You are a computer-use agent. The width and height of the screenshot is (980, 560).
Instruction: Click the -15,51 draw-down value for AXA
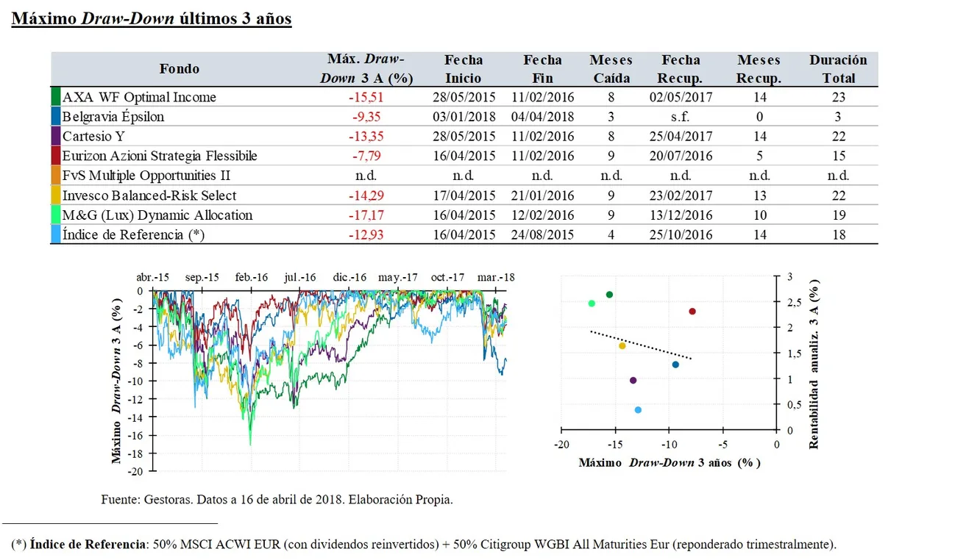[366, 97]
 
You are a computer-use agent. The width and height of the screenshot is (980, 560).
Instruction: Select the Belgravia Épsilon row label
[113, 117]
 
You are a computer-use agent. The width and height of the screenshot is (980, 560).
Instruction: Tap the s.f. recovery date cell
[680, 117]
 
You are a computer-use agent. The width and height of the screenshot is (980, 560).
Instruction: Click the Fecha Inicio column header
[463, 69]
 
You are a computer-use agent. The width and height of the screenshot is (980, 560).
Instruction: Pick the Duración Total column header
[838, 69]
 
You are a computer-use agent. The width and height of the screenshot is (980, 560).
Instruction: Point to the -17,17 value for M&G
[366, 215]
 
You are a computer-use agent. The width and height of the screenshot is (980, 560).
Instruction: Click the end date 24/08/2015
[542, 235]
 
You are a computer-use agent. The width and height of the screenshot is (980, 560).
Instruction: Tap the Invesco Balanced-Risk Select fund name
[149, 195]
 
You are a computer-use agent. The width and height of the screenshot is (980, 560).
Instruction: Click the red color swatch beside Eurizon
[55, 156]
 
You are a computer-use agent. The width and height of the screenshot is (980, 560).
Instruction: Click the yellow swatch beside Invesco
[55, 195]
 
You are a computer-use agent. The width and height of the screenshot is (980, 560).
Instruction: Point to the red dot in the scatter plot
[692, 312]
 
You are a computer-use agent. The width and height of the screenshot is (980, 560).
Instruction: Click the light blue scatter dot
[638, 410]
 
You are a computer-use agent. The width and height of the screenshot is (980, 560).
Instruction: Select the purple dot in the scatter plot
[633, 380]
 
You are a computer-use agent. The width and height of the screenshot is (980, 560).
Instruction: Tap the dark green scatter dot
[609, 295]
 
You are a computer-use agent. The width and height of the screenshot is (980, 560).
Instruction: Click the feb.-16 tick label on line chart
[251, 278]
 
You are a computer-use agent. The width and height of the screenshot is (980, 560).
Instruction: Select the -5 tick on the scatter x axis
[722, 445]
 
